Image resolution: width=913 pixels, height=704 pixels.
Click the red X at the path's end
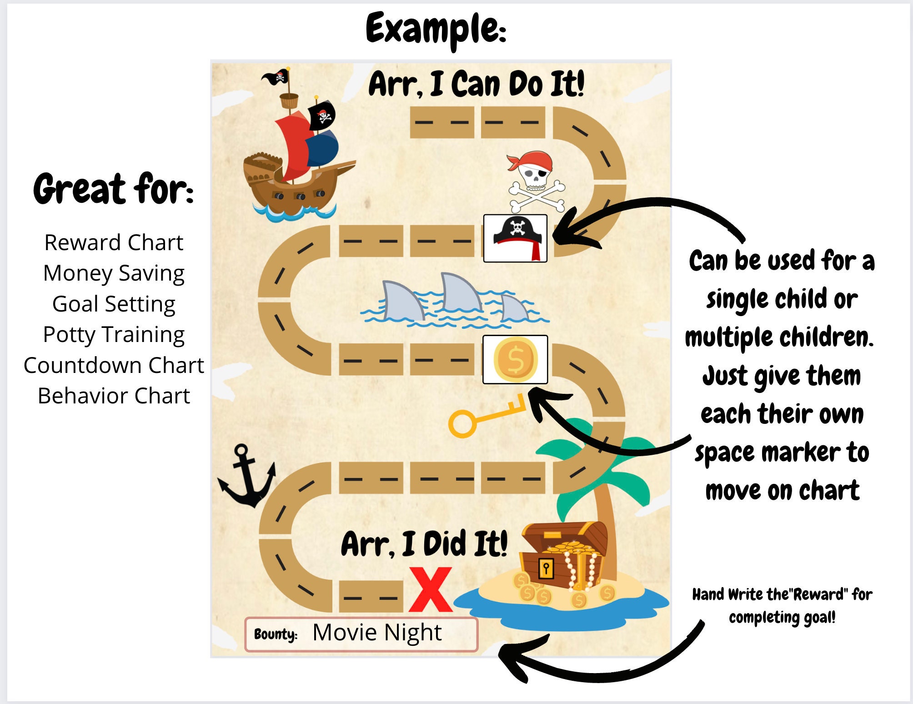pos(431,590)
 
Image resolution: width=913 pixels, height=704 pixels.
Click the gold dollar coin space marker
pos(515,360)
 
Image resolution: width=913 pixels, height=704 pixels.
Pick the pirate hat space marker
pos(515,238)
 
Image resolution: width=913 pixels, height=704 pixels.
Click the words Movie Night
pos(377,633)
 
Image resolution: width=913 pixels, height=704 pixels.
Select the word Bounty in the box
pos(275,634)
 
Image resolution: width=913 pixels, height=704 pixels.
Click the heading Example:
pos(436,30)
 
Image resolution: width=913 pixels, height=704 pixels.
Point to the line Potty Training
pos(114,335)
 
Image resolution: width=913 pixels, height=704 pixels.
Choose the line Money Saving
pos(114,273)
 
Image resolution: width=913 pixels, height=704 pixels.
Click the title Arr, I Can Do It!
pos(476,85)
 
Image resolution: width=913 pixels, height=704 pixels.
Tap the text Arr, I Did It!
pos(424,544)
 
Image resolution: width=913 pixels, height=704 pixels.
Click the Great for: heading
pos(114,189)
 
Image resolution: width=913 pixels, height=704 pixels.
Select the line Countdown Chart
pos(114,365)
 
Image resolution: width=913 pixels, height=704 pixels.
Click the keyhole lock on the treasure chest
pos(546,568)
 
